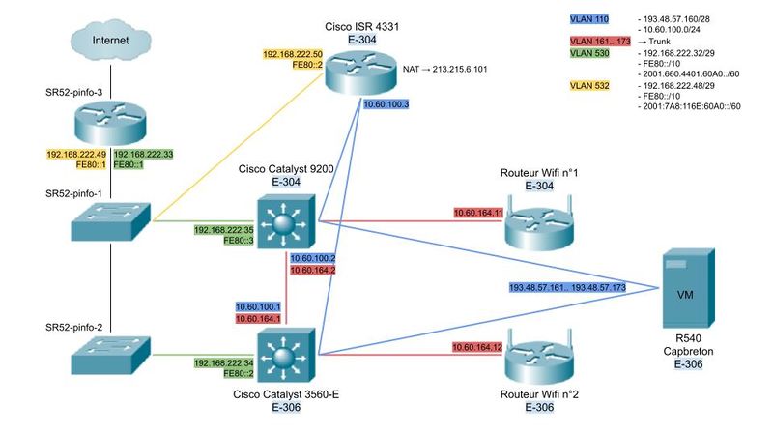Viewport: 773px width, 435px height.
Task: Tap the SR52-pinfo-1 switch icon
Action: pyautogui.click(x=110, y=220)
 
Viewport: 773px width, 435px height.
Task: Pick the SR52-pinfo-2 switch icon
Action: pyautogui.click(x=110, y=355)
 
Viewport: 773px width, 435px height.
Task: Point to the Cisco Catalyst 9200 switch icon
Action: pyautogui.click(x=282, y=219)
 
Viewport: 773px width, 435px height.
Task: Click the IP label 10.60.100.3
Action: pyautogui.click(x=386, y=103)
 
